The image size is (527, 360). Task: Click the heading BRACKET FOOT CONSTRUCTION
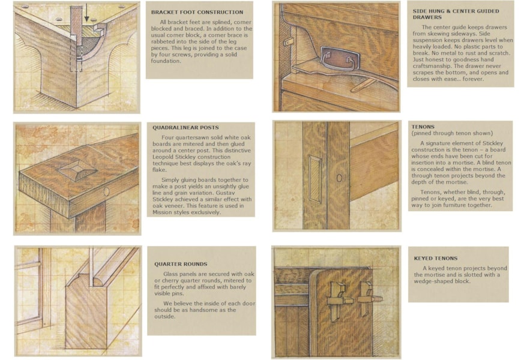[197, 12]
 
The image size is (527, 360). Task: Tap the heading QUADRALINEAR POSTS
[185, 128]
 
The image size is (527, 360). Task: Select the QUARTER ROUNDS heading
[181, 264]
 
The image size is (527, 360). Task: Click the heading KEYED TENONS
[436, 258]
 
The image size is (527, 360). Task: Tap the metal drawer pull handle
[338, 58]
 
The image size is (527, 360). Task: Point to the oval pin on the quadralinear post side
[106, 192]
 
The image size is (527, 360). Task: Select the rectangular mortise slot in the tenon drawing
[315, 179]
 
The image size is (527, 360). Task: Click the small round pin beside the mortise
[339, 178]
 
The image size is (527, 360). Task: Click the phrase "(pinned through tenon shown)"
[452, 133]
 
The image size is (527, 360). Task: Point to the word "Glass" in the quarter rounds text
[170, 274]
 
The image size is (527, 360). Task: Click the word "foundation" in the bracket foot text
[166, 61]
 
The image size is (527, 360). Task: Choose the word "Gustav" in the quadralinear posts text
[239, 193]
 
